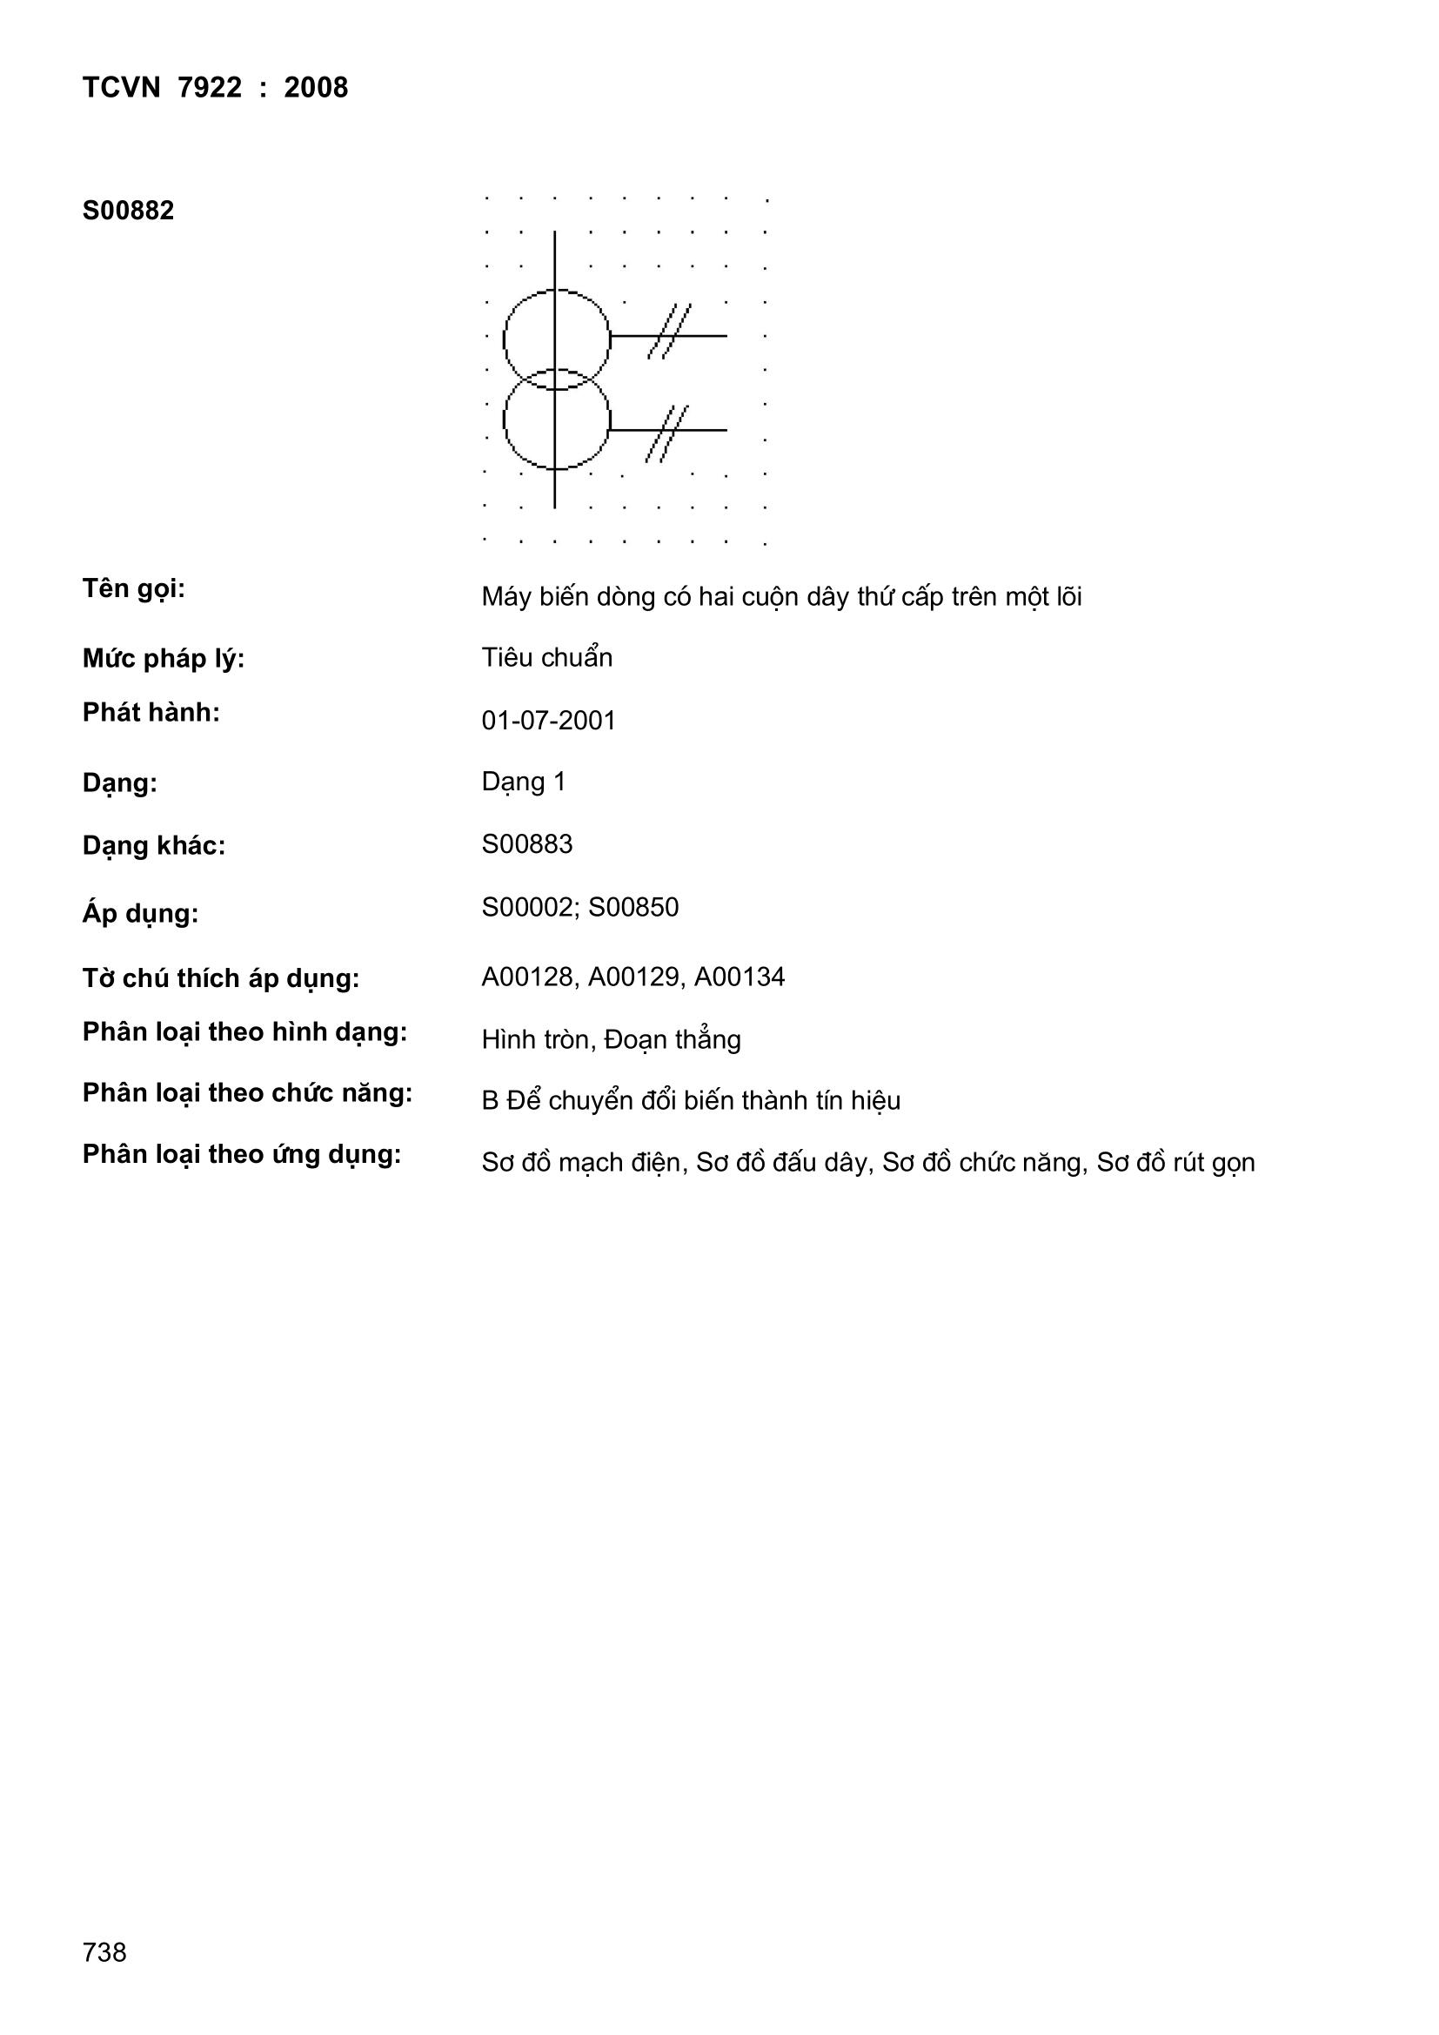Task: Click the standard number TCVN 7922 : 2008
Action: (x=215, y=88)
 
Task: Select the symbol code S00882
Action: (x=129, y=211)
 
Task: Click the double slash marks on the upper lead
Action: (x=669, y=332)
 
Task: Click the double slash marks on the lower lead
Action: (x=667, y=433)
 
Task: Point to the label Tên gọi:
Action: (x=134, y=588)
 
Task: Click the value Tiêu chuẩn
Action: (x=546, y=658)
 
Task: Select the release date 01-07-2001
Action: (x=548, y=721)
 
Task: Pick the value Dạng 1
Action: (x=524, y=782)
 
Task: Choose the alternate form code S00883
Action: (x=527, y=843)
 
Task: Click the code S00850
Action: (x=633, y=908)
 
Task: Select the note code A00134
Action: (x=739, y=977)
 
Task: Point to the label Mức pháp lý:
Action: (x=163, y=659)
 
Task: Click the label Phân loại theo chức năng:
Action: (x=247, y=1094)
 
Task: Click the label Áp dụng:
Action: (x=140, y=914)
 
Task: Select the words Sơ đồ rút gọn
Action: (x=1176, y=1163)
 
